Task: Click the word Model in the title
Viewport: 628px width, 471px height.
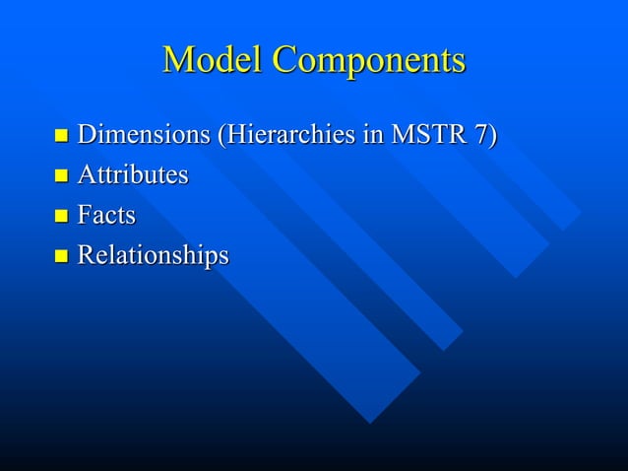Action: pyautogui.click(x=213, y=60)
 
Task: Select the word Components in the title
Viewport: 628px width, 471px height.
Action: pyautogui.click(x=368, y=62)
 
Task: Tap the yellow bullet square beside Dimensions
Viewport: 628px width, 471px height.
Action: pyautogui.click(x=61, y=135)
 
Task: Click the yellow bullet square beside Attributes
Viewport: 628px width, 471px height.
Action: pyautogui.click(x=61, y=176)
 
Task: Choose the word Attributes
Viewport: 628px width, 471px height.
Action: pyautogui.click(x=133, y=175)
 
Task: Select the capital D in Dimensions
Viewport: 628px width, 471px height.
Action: pyautogui.click(x=88, y=134)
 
